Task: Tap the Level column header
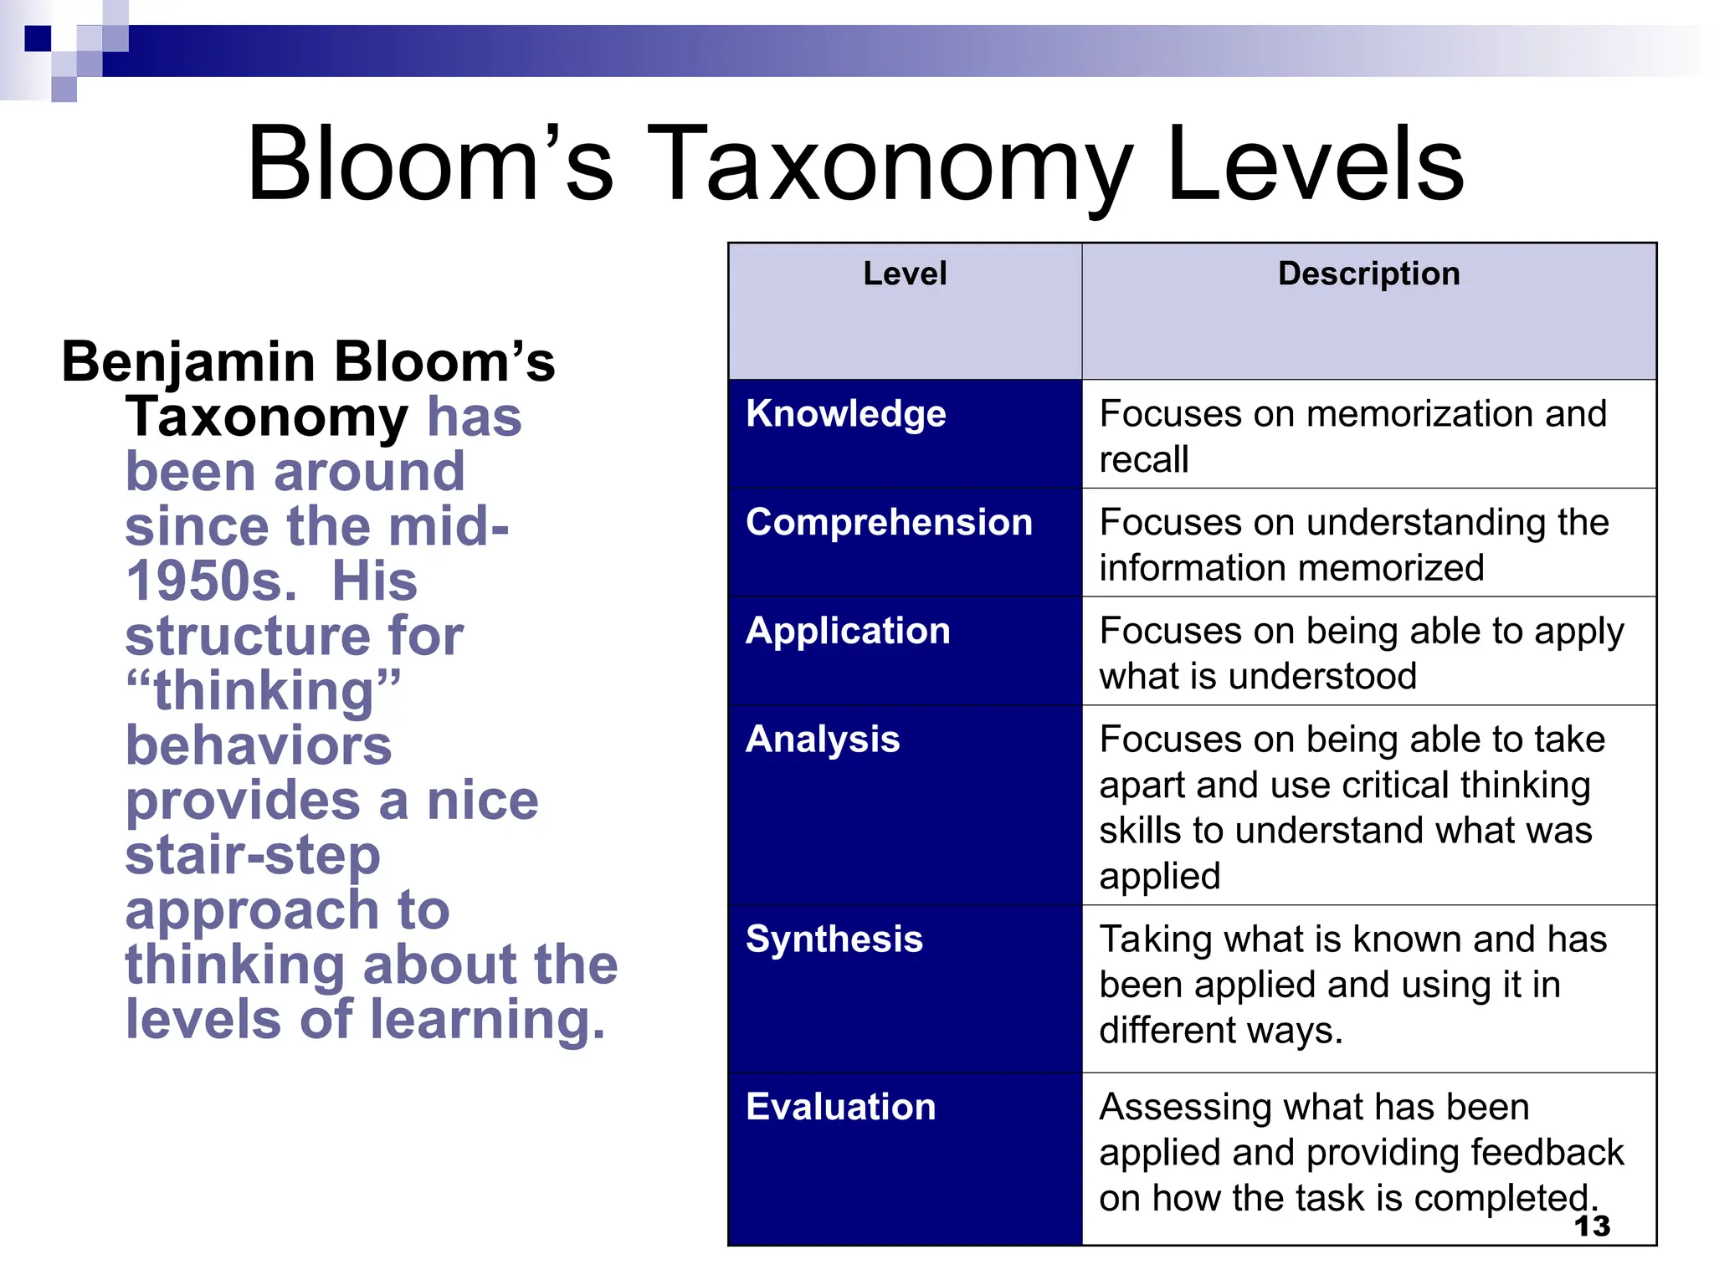tap(905, 274)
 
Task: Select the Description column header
tap(1368, 274)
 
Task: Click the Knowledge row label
tap(845, 414)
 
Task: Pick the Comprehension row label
tap(889, 522)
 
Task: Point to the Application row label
tap(848, 632)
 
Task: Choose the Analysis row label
tap(823, 740)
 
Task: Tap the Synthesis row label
tap(834, 939)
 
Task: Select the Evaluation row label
tap(840, 1107)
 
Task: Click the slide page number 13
tap(1592, 1226)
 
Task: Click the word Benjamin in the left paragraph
tap(188, 363)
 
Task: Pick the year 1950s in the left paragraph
tap(212, 581)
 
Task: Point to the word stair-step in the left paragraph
tap(253, 855)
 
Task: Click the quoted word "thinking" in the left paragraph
tap(263, 691)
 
